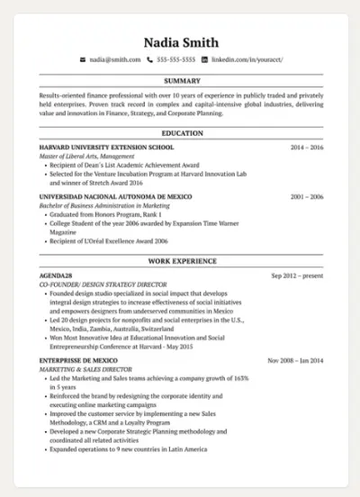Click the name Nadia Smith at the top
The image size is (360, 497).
tap(181, 41)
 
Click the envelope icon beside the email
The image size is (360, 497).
tap(83, 59)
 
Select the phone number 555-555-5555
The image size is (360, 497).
tap(175, 59)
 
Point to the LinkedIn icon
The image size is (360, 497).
tap(204, 59)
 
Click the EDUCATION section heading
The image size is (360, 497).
tap(182, 133)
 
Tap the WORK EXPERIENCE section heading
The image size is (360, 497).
tap(182, 261)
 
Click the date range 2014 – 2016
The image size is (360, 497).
tap(306, 146)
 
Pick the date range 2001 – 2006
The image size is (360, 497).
tap(306, 196)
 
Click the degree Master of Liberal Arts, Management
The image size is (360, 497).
tap(86, 157)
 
